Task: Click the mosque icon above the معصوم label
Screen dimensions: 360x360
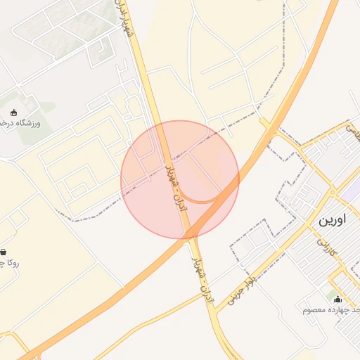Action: tap(337, 299)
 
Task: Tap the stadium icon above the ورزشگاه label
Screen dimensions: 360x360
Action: tap(13, 112)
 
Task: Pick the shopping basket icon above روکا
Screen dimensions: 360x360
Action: tap(4, 252)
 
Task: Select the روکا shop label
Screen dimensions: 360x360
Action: tap(7, 264)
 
